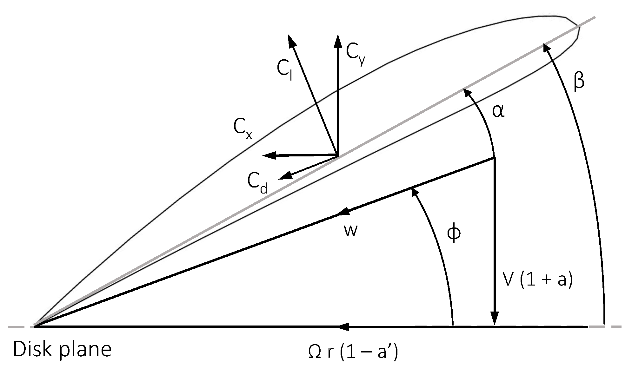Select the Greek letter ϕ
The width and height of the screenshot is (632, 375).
(x=454, y=234)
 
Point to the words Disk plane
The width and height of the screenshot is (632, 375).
(x=62, y=349)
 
